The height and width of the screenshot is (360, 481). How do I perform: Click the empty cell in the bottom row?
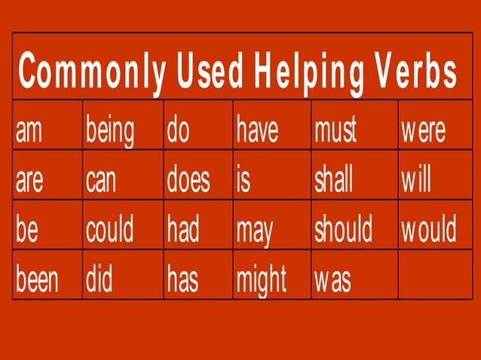pyautogui.click(x=435, y=278)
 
